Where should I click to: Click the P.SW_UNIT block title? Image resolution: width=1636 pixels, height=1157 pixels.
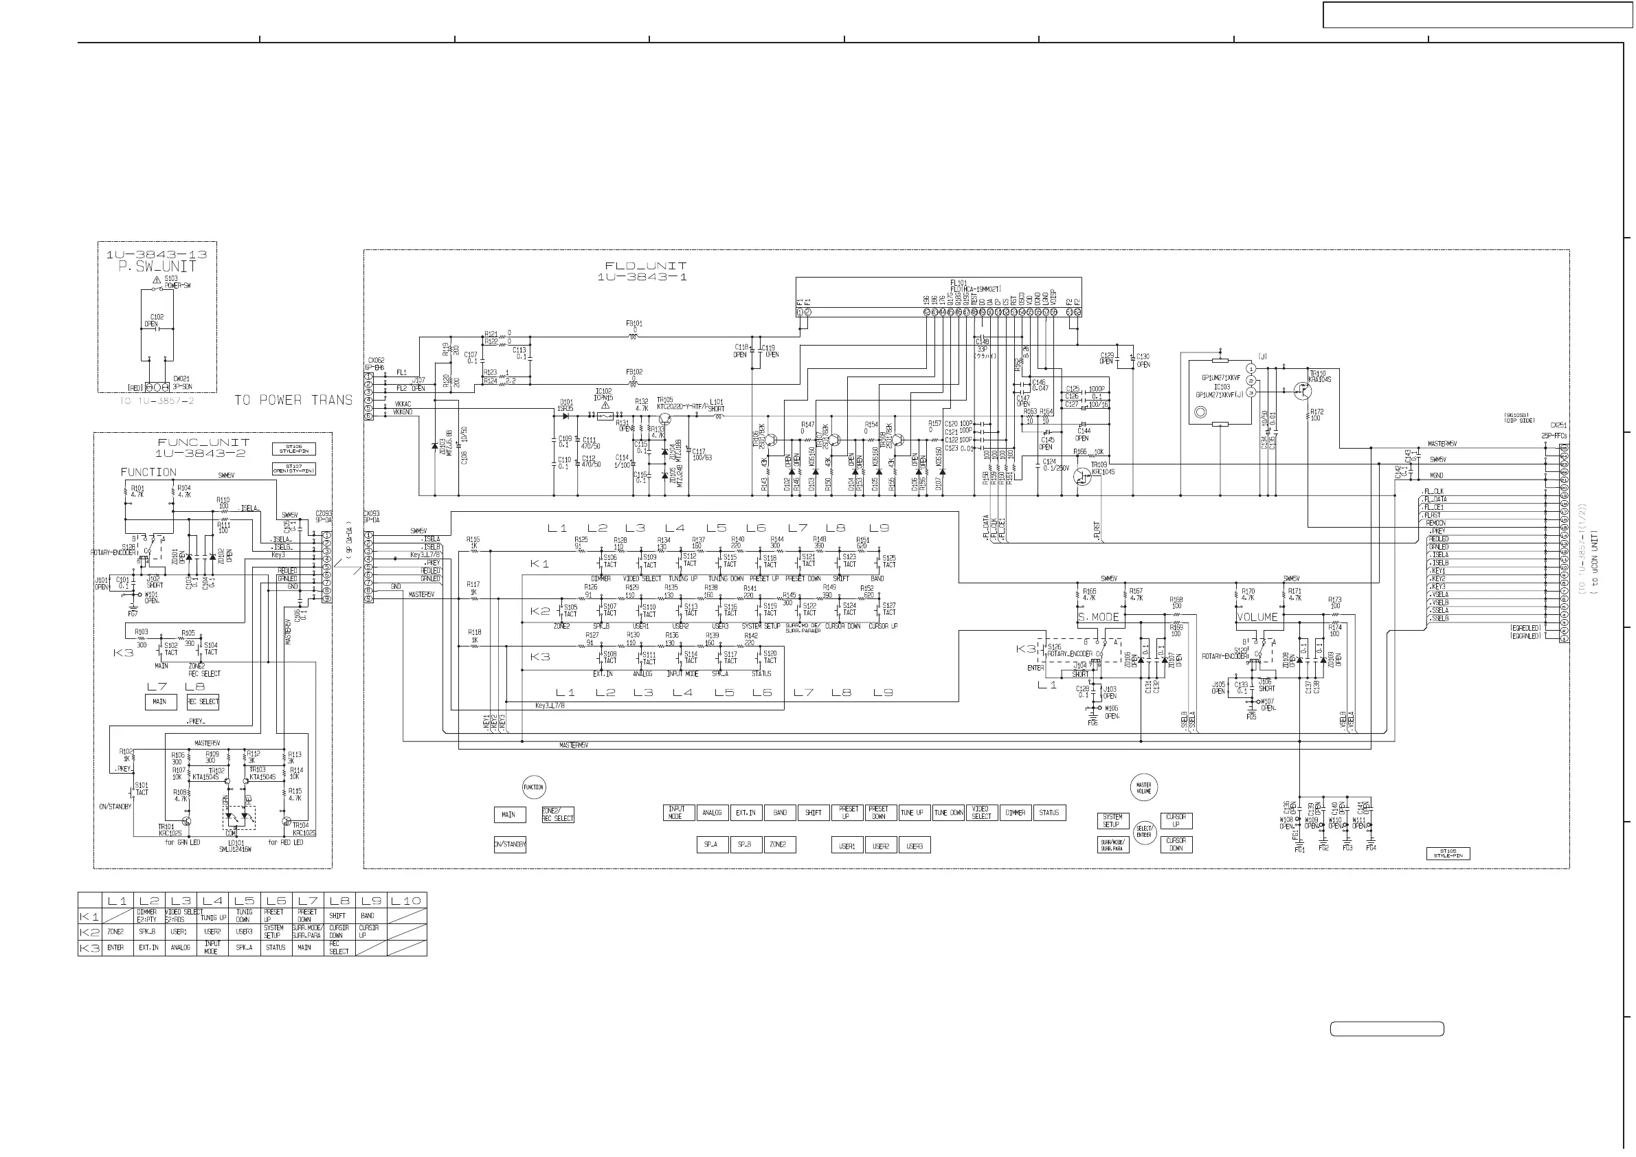click(157, 267)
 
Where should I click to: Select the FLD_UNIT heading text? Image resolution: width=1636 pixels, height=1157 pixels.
click(646, 266)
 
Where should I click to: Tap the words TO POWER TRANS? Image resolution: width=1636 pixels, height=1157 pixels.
click(293, 401)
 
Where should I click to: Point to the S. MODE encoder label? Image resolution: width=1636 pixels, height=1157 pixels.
click(1098, 617)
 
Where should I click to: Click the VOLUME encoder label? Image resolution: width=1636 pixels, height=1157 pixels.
click(1257, 617)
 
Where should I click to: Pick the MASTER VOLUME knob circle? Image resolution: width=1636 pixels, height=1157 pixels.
click(1143, 787)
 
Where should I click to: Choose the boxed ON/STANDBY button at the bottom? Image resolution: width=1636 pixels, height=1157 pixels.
click(509, 845)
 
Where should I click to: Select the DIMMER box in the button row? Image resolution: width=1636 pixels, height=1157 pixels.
click(1016, 813)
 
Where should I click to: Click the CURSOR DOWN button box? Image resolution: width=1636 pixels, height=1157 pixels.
click(1176, 845)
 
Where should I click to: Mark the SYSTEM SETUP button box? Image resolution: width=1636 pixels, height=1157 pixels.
click(1112, 821)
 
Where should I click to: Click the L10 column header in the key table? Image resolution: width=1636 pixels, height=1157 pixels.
click(406, 901)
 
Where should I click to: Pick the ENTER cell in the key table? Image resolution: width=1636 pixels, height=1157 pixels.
click(115, 947)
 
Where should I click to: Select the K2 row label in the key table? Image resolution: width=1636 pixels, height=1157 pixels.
click(90, 932)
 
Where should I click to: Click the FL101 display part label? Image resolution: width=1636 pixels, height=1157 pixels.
click(959, 283)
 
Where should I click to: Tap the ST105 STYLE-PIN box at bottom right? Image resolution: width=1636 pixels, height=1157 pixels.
click(1448, 853)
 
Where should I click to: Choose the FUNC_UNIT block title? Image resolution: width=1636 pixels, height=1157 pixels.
click(203, 442)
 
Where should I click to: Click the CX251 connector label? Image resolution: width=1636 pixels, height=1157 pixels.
click(1558, 425)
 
